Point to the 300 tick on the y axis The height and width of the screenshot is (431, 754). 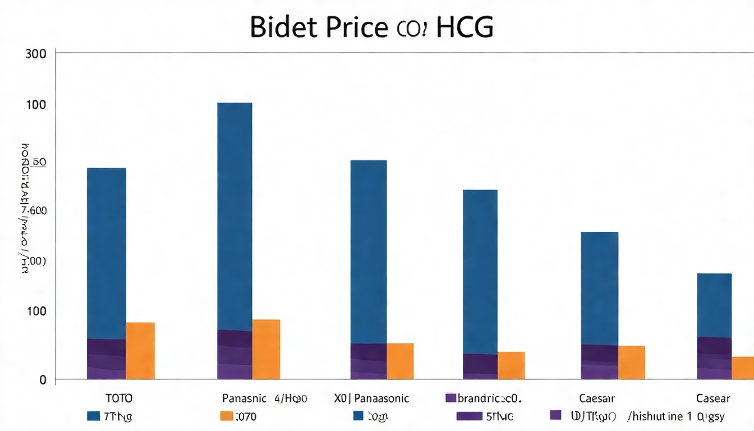pos(35,54)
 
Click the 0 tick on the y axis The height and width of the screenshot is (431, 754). pos(42,380)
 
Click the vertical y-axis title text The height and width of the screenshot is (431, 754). pos(24,208)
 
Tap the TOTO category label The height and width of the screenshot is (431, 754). pos(119,398)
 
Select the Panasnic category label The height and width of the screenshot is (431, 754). pos(244,398)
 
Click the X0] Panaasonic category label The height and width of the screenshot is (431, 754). pos(371,398)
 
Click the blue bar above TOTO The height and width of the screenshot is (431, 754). pos(107,253)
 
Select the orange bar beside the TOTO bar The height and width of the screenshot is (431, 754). pos(140,351)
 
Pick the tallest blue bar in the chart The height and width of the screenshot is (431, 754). pos(235,216)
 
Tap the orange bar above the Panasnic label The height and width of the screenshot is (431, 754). pos(266,349)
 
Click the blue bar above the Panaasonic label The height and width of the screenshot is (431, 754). pos(369,251)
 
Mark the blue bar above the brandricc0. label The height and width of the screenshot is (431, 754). pos(480,272)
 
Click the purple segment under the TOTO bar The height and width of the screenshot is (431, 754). pos(107,359)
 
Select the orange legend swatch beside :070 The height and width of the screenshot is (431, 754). pos(226,416)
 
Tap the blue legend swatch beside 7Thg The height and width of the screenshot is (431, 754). pos(94,416)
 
